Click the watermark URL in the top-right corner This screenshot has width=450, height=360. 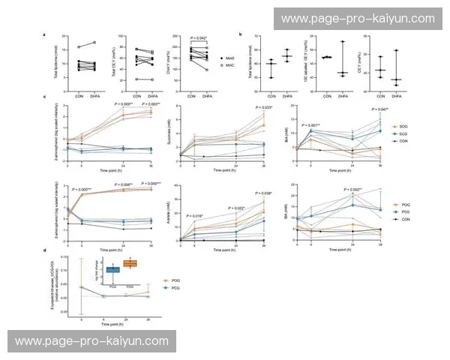coord(356,18)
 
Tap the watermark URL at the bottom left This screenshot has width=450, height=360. coord(91,340)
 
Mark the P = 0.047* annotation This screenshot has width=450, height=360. coord(380,109)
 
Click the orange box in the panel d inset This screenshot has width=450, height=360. coord(130,263)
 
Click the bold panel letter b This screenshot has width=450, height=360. coord(239,34)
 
